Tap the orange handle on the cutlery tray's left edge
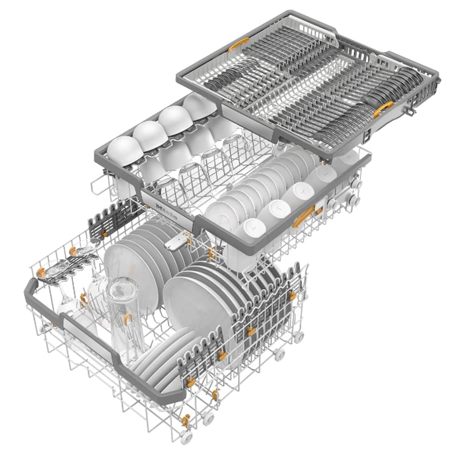[x=238, y=44]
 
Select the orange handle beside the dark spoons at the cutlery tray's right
[x=383, y=109]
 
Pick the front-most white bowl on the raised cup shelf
[x=112, y=151]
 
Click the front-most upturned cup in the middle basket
[x=250, y=230]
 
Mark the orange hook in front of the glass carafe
[x=127, y=319]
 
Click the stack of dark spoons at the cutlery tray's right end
[x=398, y=86]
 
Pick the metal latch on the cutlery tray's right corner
[x=411, y=111]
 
